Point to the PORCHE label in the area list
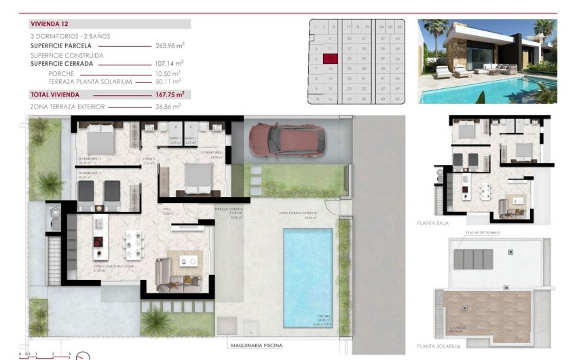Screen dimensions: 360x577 pyautogui.click(x=61, y=73)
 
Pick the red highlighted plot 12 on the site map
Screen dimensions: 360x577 pyautogui.click(x=330, y=59)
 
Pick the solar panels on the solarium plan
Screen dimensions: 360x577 pyautogui.click(x=472, y=259)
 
